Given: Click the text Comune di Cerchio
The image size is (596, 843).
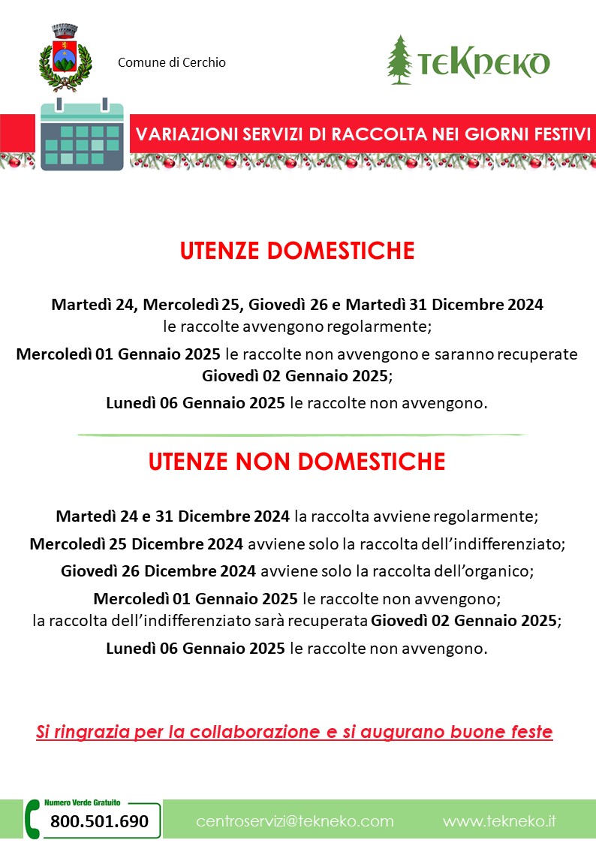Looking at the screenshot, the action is [171, 62].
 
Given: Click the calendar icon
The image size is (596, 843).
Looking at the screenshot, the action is [81, 135].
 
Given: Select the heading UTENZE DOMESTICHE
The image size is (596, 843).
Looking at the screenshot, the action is [297, 251].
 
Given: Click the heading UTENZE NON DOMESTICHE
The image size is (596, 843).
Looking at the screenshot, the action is [297, 462].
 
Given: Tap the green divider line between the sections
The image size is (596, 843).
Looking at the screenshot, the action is [300, 435].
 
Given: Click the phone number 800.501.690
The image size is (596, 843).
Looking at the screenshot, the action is [100, 821].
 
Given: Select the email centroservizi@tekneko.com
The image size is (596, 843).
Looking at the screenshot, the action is [295, 821].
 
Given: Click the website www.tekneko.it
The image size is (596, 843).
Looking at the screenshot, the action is [499, 821].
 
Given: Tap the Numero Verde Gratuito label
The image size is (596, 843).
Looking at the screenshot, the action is [83, 802].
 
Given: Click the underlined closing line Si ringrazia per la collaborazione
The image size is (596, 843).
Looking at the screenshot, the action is [294, 732].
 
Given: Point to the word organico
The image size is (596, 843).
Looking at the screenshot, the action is [501, 571].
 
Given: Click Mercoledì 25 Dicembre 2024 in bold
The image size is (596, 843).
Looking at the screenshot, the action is [136, 543].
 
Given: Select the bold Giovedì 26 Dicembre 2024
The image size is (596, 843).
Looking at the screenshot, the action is [158, 571].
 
